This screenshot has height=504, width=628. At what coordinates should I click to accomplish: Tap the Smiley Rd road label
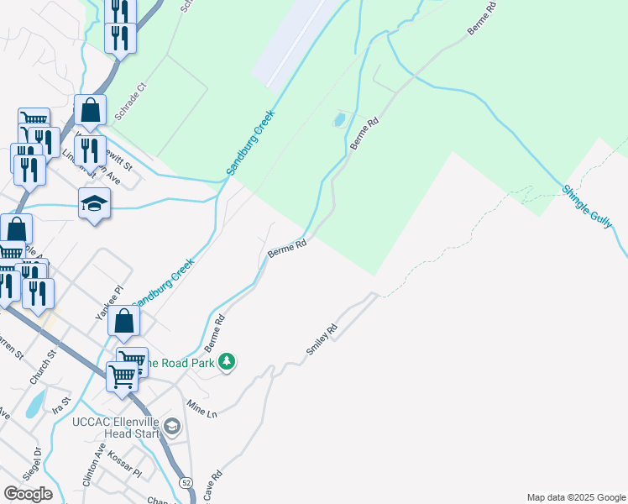[322, 339]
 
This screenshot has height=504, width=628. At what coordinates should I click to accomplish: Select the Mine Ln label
[202, 409]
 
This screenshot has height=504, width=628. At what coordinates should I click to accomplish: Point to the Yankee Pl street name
[103, 302]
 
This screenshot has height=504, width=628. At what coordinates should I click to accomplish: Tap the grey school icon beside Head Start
[172, 428]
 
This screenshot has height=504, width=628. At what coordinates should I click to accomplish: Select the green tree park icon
[226, 362]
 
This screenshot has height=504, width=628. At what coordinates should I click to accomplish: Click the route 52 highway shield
[186, 482]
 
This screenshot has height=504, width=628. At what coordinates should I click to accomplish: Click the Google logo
[28, 493]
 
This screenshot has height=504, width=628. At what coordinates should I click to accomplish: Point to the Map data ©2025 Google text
[575, 497]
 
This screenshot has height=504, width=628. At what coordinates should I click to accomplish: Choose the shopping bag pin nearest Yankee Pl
[123, 321]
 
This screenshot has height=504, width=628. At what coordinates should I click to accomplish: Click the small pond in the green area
[339, 119]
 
